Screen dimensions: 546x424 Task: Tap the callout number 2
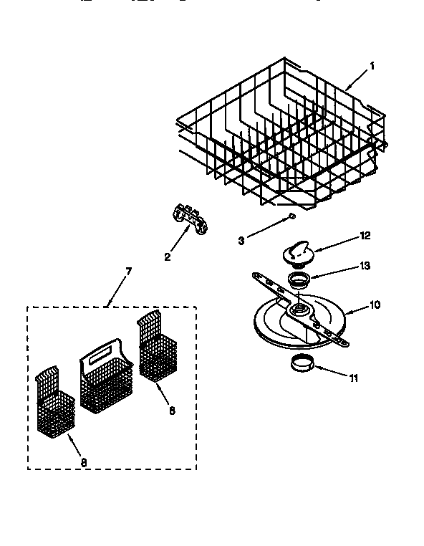click(168, 256)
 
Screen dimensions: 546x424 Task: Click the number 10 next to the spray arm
click(374, 305)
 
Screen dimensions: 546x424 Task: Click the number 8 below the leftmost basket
click(83, 463)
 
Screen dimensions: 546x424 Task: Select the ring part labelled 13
click(299, 278)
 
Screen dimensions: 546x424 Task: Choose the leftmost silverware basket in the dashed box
click(54, 405)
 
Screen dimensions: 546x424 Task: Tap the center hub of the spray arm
click(299, 310)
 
